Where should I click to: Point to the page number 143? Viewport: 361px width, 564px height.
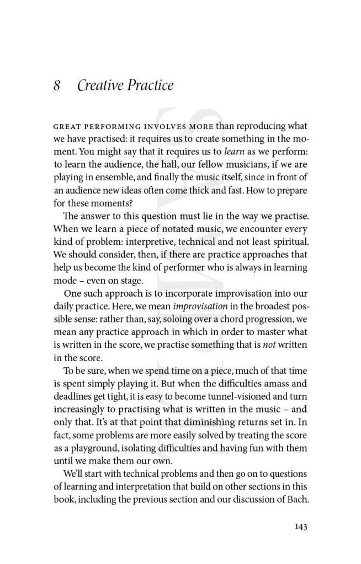point(300,527)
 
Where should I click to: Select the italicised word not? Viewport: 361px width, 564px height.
point(269,344)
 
